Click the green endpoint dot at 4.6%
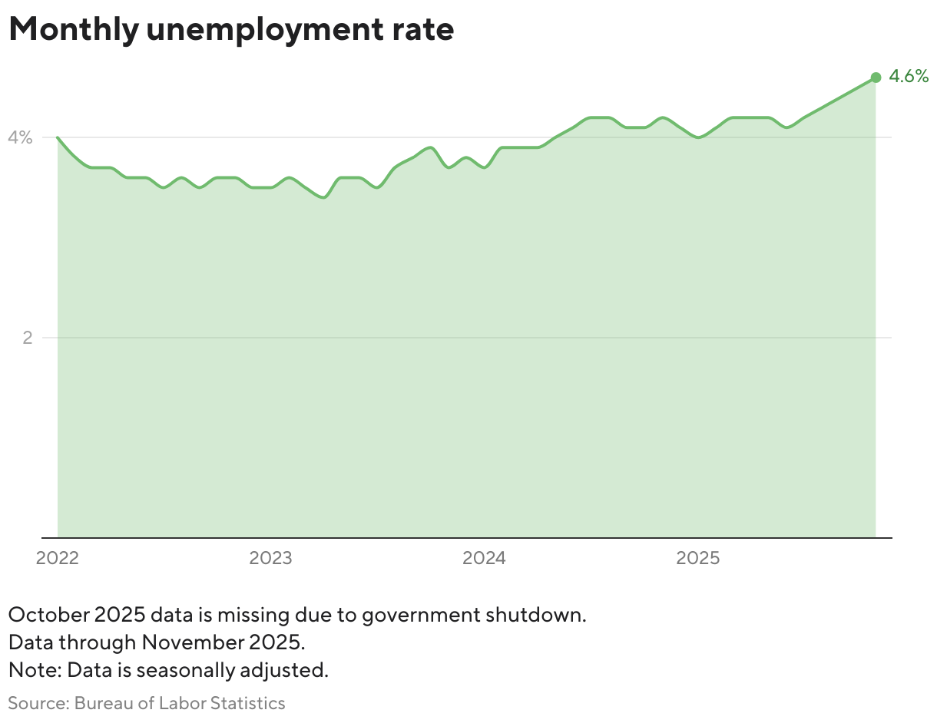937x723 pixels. [876, 78]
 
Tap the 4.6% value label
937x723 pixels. [909, 77]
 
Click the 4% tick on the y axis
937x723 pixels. [21, 138]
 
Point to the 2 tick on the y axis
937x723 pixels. [27, 338]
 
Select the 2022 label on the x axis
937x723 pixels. [57, 558]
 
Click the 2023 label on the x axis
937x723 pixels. [270, 558]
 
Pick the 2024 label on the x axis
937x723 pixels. [484, 558]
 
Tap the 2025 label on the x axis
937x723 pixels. [697, 558]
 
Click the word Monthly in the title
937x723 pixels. [74, 30]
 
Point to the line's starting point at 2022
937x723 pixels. [58, 138]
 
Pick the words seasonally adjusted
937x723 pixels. [230, 670]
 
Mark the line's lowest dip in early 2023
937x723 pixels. [323, 197]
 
